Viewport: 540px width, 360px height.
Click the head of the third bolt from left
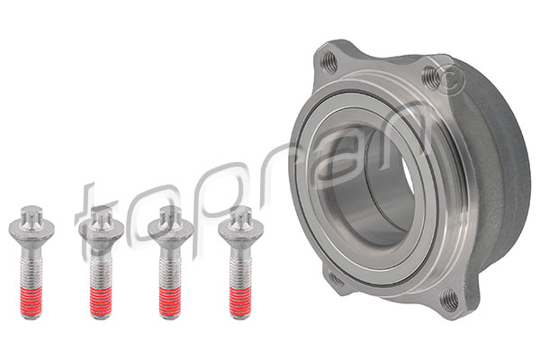coord(169,219)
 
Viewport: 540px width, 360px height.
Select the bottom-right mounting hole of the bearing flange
coord(448,301)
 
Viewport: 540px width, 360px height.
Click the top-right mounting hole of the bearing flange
coord(443,75)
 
